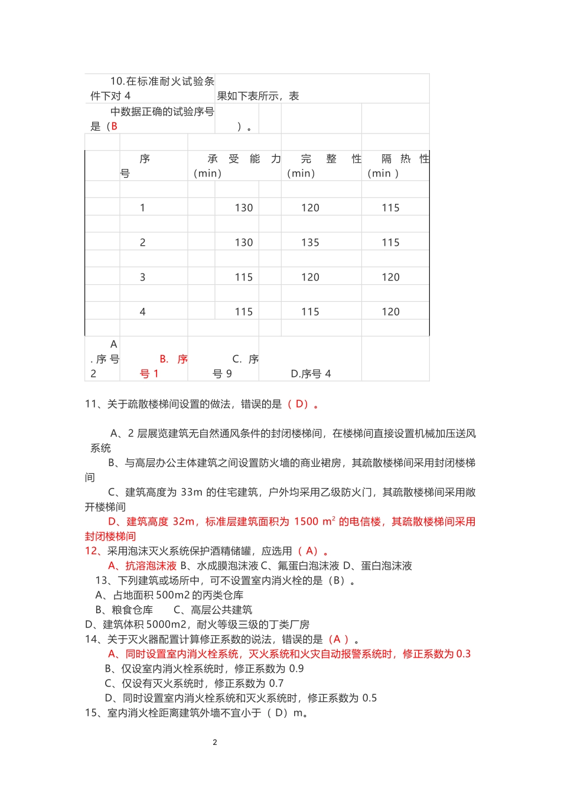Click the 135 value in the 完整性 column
coord(310,243)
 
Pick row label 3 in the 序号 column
coord(142,278)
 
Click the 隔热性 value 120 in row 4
coord(390,312)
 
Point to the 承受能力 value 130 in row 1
coord(244,208)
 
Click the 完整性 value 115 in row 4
coord(310,312)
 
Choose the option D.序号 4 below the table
coord(311,374)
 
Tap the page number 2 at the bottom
coord(215,743)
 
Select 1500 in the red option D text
coord(306,522)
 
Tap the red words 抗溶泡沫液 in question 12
coord(151,566)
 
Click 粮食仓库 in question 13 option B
coord(132,610)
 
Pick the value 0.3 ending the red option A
coord(464,654)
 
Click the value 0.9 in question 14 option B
coord(296,669)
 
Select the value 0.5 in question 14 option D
coord(369,698)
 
